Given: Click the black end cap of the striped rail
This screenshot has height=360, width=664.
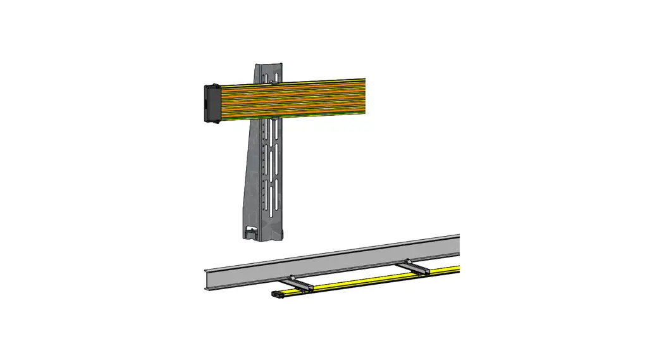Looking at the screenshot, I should pos(211,103).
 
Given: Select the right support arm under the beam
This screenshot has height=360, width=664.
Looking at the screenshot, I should pos(418,268).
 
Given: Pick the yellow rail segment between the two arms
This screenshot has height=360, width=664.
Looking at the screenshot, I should pos(360,281).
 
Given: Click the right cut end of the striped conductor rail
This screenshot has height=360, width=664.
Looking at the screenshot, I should pos(365,96).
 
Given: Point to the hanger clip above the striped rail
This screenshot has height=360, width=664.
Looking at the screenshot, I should pos(273,81).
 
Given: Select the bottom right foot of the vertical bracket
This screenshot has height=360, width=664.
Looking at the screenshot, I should pos(281,235).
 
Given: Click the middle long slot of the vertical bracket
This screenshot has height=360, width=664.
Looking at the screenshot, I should pos(274,164).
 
